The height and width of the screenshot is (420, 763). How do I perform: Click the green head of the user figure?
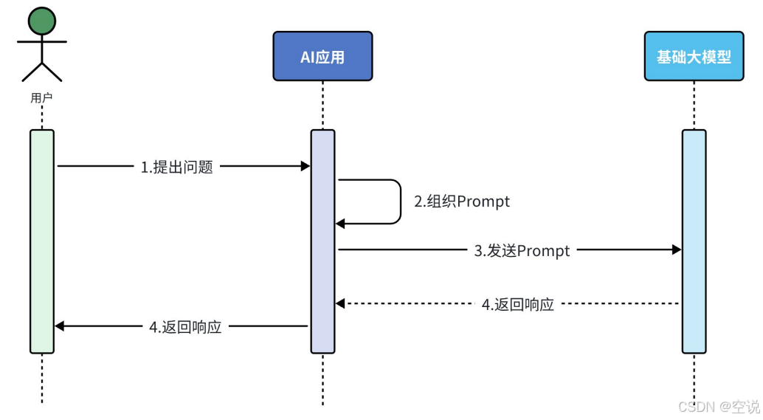coord(42,21)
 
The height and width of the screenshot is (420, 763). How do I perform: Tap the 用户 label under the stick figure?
coord(42,97)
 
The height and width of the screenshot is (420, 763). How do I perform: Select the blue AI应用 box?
coord(322,56)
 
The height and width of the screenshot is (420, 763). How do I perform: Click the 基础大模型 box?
coord(694,56)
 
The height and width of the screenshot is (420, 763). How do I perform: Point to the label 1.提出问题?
coord(177,167)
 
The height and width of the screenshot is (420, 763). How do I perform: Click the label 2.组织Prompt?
coord(462,202)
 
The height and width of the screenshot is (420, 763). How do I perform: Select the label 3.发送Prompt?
coord(522,251)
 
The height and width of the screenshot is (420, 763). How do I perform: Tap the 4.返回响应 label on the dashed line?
coord(518,304)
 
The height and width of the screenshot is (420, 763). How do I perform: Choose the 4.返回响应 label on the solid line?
coord(186,327)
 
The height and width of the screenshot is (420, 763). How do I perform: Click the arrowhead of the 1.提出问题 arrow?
coord(305,167)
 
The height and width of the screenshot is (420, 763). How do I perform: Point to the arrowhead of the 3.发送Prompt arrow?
coord(676,251)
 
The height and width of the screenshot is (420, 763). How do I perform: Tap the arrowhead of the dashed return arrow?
coord(341,303)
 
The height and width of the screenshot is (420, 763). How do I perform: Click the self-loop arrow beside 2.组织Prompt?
coord(398,201)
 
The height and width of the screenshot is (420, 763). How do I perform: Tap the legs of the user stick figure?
coord(42,71)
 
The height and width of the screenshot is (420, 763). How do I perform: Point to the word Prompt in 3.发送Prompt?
coord(543,251)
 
